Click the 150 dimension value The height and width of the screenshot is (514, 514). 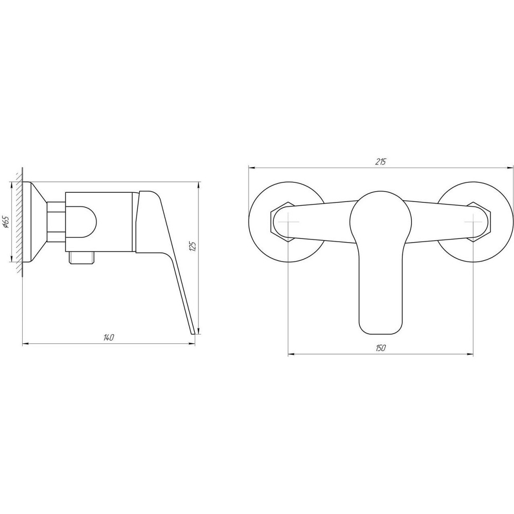tap(380, 348)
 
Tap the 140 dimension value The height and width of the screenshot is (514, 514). tap(108, 337)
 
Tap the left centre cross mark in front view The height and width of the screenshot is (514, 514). tap(288, 222)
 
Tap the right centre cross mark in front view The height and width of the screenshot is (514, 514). tap(473, 222)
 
